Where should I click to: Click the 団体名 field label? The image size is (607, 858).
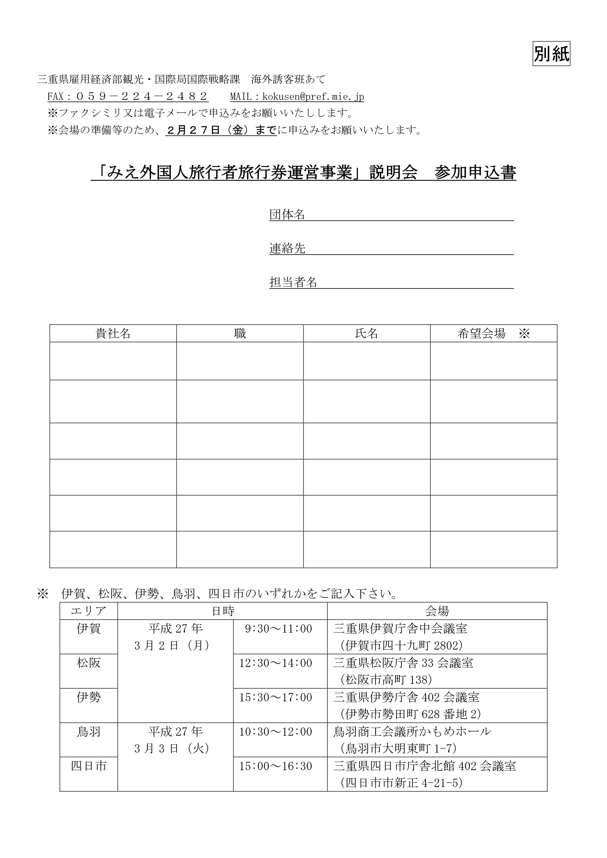coord(287,214)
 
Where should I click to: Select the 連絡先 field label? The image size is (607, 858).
coord(287,248)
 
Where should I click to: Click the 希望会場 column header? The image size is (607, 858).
coord(481,333)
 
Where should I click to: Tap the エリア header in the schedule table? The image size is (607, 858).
coord(89,611)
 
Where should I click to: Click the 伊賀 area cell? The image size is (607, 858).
coord(89,629)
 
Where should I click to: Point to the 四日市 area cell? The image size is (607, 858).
coord(89,766)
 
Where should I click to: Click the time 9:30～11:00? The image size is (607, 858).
coord(278,629)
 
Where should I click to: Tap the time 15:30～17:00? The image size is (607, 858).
coord(276,697)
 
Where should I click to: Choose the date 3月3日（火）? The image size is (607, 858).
coord(172,749)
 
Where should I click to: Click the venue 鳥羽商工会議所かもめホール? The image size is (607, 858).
coord(412,732)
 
